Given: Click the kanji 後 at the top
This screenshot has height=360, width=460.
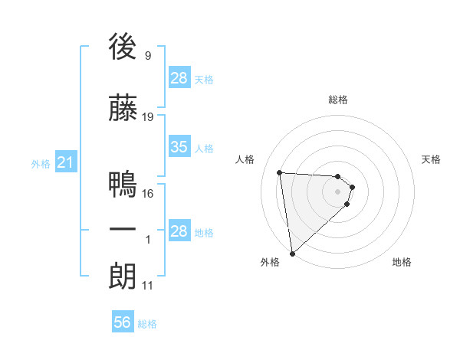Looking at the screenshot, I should click(x=123, y=47).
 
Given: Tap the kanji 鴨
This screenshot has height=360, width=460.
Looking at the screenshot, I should click(x=123, y=185).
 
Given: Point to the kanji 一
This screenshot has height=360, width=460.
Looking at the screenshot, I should click(x=123, y=230).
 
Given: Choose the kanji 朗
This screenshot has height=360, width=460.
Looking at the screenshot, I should click(x=123, y=276).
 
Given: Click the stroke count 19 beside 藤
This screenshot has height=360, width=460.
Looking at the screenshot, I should click(x=149, y=117).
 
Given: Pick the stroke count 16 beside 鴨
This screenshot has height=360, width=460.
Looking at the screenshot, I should click(x=149, y=193).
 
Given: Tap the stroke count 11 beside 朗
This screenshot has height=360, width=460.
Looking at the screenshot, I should click(x=148, y=286).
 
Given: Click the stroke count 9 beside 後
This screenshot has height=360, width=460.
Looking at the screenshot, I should click(x=147, y=55).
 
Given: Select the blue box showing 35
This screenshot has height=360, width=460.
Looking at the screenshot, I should click(x=179, y=148).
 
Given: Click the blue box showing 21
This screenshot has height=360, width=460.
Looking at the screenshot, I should click(x=65, y=162).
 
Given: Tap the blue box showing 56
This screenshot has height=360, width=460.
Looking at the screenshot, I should click(x=123, y=323).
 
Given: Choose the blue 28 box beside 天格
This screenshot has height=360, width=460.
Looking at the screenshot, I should click(x=179, y=78).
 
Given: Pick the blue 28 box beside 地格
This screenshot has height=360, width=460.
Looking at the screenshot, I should click(x=179, y=231).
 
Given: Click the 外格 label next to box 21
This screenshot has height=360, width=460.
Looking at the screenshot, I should click(x=41, y=163).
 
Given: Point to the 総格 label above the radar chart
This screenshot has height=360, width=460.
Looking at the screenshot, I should click(x=338, y=100).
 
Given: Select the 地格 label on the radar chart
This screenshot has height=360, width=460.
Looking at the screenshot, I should click(x=402, y=263).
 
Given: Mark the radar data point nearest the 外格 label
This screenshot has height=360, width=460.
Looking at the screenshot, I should click(x=292, y=253).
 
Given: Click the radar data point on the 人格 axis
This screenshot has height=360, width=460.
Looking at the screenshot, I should click(x=280, y=172).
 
